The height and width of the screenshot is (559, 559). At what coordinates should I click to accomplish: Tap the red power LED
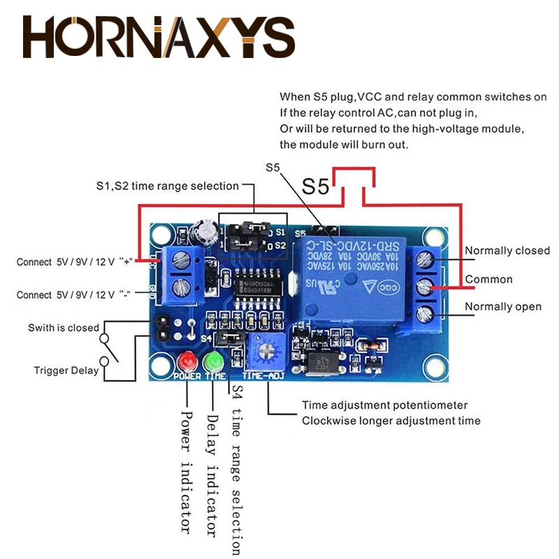pyautogui.click(x=187, y=363)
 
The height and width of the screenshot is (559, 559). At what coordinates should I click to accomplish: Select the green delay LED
pyautogui.click(x=212, y=362)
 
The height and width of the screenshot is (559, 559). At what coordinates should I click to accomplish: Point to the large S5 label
pyautogui.click(x=315, y=187)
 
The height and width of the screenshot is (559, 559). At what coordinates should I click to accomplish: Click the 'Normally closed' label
pyautogui.click(x=507, y=251)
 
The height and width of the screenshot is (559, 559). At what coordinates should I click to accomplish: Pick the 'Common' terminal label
pyautogui.click(x=488, y=279)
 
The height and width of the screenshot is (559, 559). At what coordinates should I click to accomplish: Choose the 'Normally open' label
pyautogui.click(x=503, y=307)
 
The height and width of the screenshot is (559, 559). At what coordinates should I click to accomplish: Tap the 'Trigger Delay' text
pyautogui.click(x=66, y=370)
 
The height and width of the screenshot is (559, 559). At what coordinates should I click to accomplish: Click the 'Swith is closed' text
pyautogui.click(x=64, y=328)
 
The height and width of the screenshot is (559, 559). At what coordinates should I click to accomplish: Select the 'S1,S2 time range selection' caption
pyautogui.click(x=168, y=186)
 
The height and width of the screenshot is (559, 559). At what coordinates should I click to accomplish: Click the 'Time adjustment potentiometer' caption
pyautogui.click(x=384, y=405)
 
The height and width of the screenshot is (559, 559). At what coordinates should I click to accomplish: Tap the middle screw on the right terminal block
pyautogui.click(x=424, y=286)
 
